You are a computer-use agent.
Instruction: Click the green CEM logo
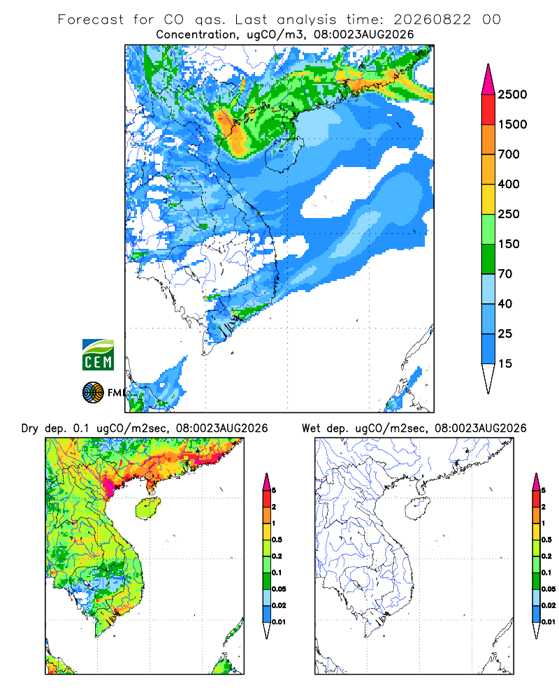click(x=98, y=355)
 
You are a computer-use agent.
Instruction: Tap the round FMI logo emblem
click(x=93, y=393)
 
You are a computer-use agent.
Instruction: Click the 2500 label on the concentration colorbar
click(x=512, y=94)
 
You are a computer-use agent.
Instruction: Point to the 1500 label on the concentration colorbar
click(x=512, y=124)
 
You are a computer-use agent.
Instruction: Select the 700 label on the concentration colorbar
click(x=509, y=154)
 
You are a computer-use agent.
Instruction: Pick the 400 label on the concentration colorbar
click(x=509, y=184)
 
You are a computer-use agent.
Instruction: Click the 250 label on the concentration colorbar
click(x=509, y=214)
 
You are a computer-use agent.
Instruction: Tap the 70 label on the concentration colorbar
click(x=505, y=274)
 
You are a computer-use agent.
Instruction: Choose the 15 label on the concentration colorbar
click(x=505, y=363)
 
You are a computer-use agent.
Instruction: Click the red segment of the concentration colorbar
click(x=488, y=110)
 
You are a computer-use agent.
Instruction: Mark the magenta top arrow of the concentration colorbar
click(x=488, y=80)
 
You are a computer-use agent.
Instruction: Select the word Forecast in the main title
click(x=91, y=20)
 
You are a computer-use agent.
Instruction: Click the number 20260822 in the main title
click(x=432, y=20)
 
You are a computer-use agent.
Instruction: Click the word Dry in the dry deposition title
click(x=29, y=428)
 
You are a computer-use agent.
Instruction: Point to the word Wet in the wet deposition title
click(x=310, y=428)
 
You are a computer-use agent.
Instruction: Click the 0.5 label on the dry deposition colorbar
click(x=277, y=540)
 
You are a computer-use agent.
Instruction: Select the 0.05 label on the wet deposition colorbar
click(x=549, y=589)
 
